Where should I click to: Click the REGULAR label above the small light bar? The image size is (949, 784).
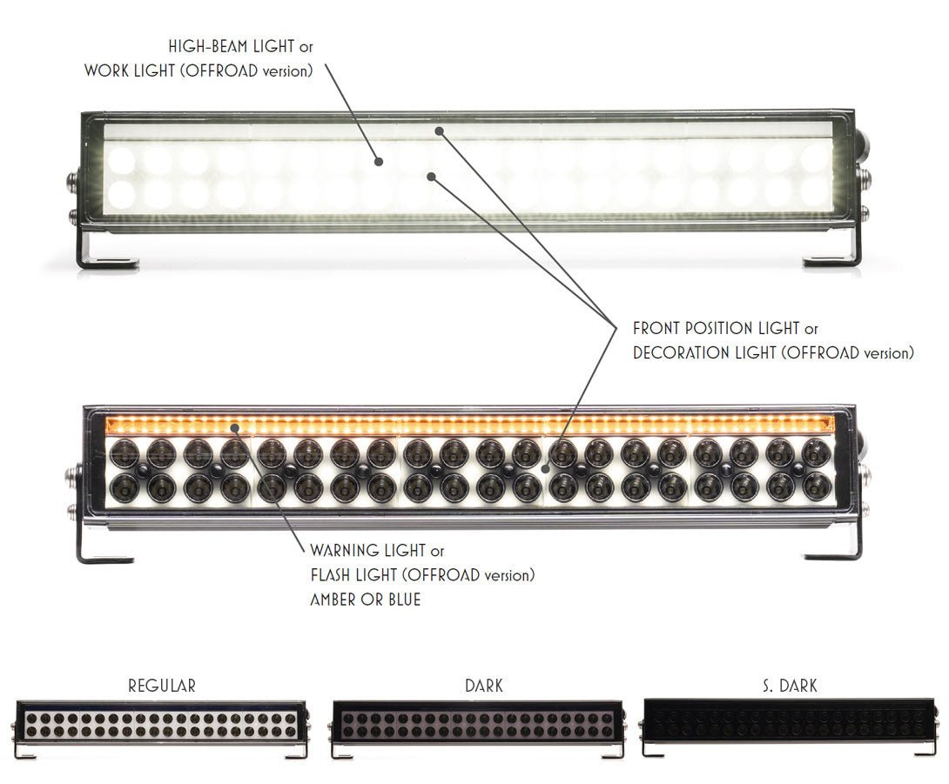[x=162, y=686]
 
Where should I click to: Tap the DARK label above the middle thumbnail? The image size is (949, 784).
[x=484, y=686]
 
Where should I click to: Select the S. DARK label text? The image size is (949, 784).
[x=788, y=686]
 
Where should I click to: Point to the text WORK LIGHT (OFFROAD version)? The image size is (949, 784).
[x=199, y=70]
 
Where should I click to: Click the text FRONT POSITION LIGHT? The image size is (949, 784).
[x=717, y=329]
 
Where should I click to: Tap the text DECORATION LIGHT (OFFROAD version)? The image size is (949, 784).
[x=773, y=352]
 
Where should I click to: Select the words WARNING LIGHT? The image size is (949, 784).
[x=368, y=551]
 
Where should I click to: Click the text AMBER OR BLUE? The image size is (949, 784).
[x=365, y=600]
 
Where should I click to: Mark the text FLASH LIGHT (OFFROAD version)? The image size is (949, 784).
[x=422, y=575]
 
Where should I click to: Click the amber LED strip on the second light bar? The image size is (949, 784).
[x=470, y=426]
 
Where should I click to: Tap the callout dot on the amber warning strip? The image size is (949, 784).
[x=234, y=426]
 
